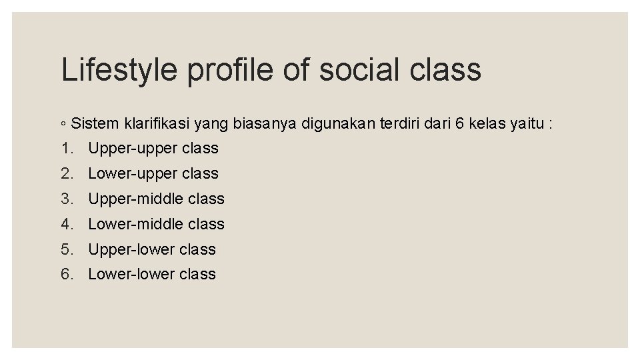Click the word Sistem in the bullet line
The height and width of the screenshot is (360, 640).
[x=95, y=123]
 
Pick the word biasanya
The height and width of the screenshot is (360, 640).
[x=266, y=123]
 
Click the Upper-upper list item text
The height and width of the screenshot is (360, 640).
[x=153, y=148]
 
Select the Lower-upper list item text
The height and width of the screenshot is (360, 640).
[x=153, y=173]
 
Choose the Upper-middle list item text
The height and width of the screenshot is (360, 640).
[x=157, y=199]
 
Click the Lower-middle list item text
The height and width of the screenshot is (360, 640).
[x=157, y=224]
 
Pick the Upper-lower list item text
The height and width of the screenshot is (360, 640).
[x=152, y=249]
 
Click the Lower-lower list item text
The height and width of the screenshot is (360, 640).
[x=152, y=274]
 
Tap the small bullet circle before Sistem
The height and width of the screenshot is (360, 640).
[x=63, y=124]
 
